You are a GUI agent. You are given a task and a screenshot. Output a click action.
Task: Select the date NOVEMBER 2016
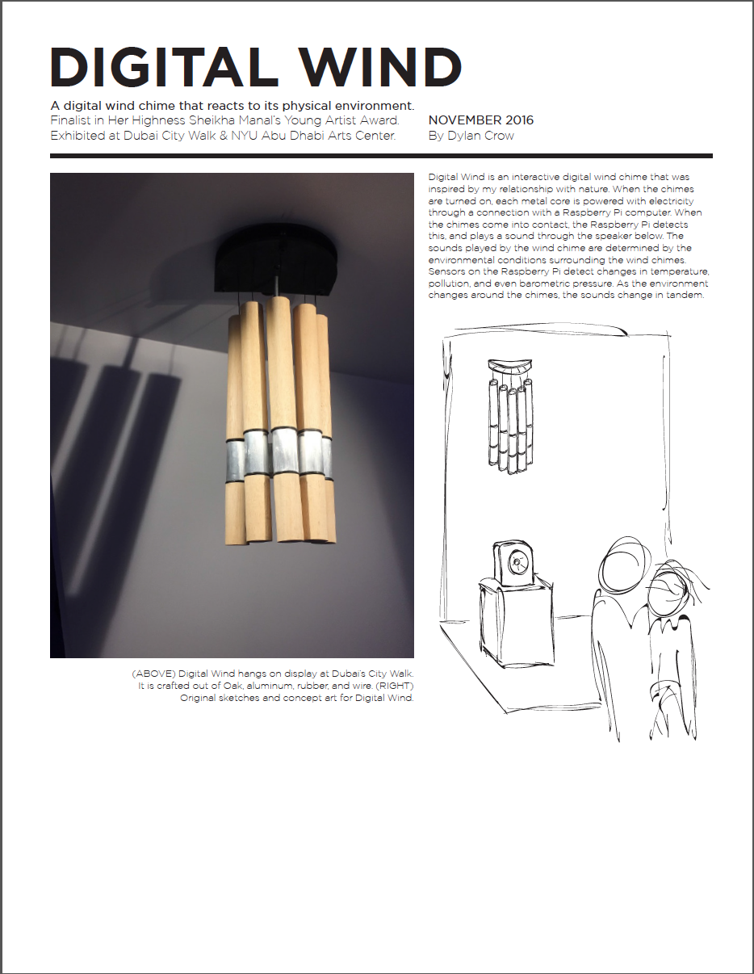pyautogui.click(x=481, y=120)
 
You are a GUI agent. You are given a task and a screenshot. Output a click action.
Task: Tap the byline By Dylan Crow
pyautogui.click(x=471, y=136)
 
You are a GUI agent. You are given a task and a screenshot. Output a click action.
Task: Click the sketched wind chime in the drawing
pyautogui.click(x=509, y=416)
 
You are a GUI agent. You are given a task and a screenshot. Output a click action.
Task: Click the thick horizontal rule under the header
pyautogui.click(x=381, y=156)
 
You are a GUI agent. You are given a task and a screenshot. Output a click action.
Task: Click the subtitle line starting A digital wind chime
pyautogui.click(x=232, y=106)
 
